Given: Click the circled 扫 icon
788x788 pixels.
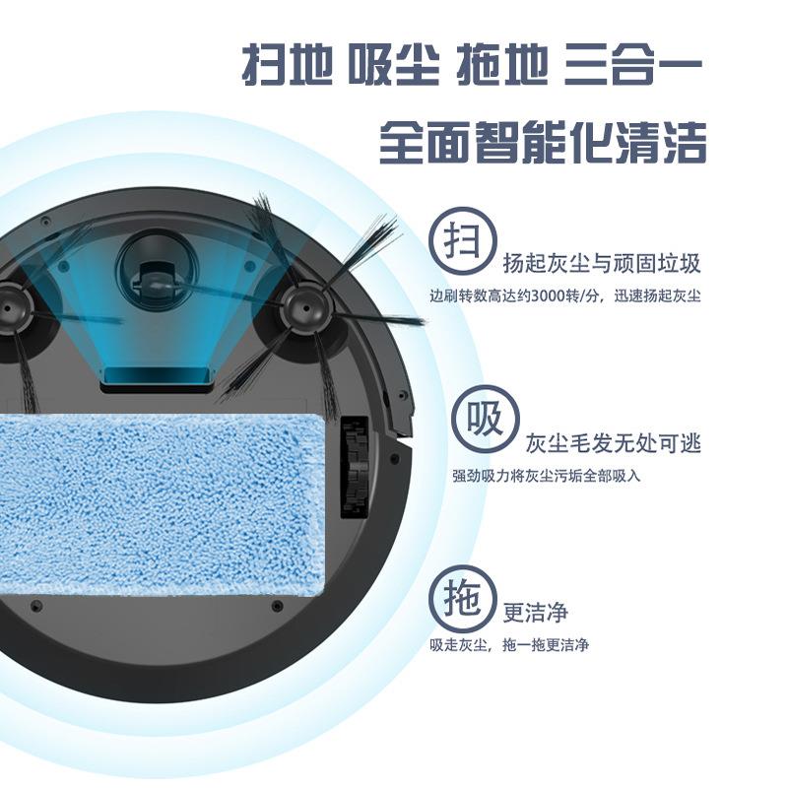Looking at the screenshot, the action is point(463,240).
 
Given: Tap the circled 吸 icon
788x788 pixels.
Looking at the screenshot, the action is point(485,420).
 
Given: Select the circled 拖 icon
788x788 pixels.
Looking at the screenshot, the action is point(463,598).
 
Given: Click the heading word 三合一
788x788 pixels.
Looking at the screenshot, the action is point(633,65).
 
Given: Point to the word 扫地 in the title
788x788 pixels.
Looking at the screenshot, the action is point(287,65).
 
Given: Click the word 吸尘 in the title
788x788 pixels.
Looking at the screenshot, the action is point(394,65).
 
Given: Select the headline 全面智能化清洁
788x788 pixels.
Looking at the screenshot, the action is point(543,143).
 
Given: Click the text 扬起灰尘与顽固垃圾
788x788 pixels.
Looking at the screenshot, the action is point(602,263).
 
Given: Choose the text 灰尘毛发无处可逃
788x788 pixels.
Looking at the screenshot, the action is point(613,443).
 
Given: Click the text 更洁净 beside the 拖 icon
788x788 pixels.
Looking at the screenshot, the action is point(536,612).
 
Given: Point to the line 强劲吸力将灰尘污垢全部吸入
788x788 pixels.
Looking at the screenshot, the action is point(547,476).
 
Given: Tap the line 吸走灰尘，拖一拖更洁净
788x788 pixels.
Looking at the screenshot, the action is point(508,645).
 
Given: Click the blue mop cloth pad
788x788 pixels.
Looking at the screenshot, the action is point(161,502).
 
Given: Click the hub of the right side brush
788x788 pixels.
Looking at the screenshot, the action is point(306,310).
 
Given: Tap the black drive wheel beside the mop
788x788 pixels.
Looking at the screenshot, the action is point(356,467).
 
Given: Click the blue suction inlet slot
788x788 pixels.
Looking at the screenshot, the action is point(158,376).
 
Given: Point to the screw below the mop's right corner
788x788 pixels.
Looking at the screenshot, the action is point(277,606).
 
